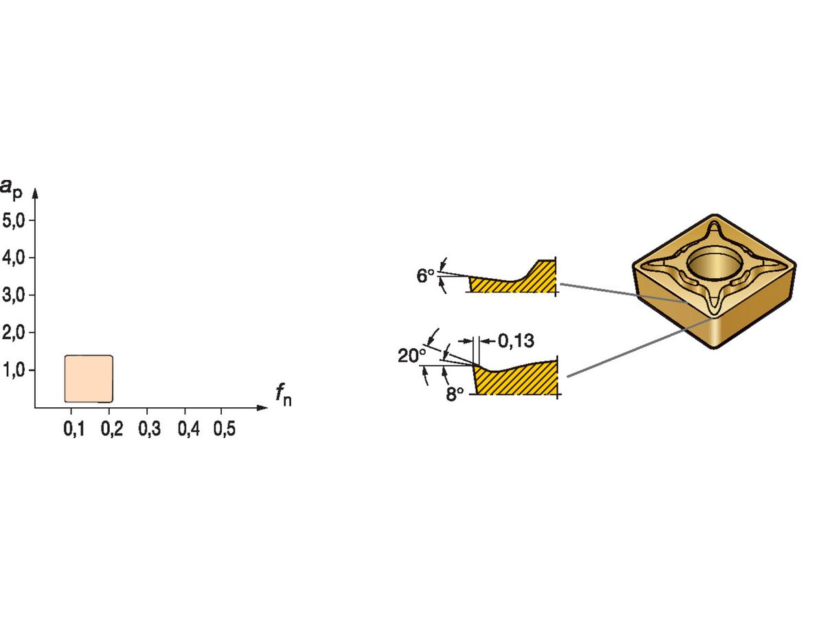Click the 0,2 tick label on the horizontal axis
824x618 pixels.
coord(111,430)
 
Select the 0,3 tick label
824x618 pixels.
coord(149,430)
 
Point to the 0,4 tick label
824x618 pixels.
coord(187,430)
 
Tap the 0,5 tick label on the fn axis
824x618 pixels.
coord(224,430)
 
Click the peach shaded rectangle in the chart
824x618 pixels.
coord(89,378)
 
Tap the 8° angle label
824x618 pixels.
coord(455,393)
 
